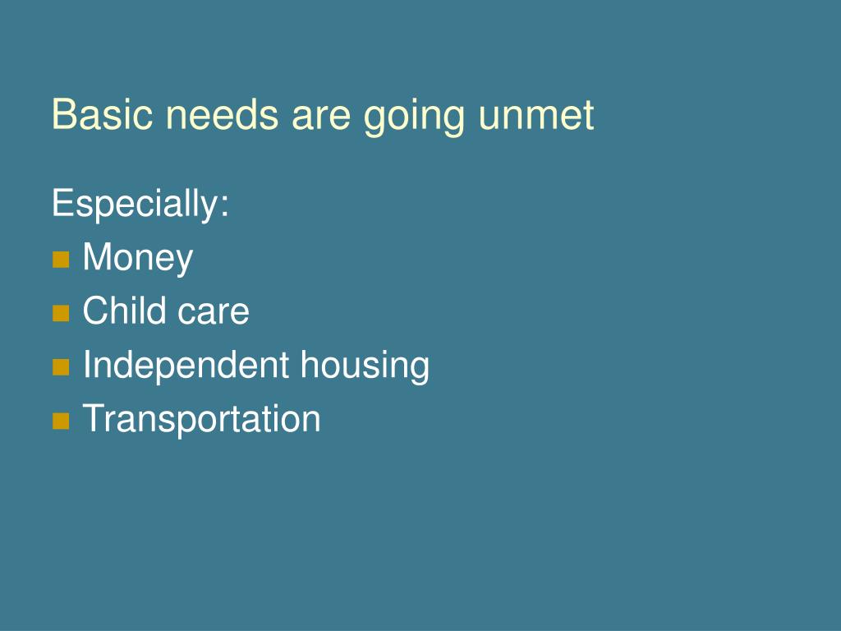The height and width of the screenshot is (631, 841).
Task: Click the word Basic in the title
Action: (x=103, y=115)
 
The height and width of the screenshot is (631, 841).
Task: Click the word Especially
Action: (x=135, y=205)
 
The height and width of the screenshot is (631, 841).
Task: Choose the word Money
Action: (x=138, y=259)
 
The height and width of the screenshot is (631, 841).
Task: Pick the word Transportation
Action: (x=201, y=418)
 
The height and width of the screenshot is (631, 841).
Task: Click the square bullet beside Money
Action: (x=61, y=260)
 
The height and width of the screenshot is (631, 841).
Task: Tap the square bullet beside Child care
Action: (x=61, y=314)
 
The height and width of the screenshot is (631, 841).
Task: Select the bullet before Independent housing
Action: (x=61, y=367)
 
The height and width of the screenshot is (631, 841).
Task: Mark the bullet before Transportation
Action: (x=61, y=421)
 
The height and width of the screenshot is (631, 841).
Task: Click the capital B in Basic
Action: (x=62, y=115)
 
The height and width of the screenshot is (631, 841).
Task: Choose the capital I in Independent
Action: (x=87, y=365)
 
